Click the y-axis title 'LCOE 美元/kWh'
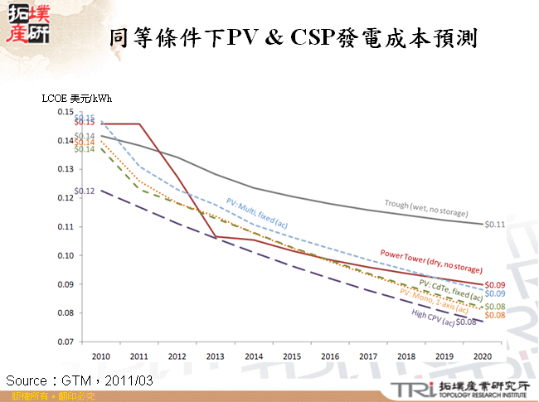[76, 98]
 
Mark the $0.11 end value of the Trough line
[495, 224]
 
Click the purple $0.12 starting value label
[85, 191]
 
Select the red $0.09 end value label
[495, 284]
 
